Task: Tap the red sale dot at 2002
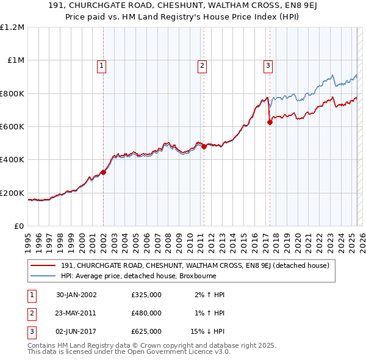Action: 104,172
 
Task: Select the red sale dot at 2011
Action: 204,146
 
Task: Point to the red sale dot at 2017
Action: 270,122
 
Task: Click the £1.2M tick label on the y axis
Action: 12,27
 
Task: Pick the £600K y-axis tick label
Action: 12,127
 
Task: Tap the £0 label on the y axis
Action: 18,226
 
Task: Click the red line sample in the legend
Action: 43,265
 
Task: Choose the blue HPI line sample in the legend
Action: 43,276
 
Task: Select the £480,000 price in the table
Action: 146,313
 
